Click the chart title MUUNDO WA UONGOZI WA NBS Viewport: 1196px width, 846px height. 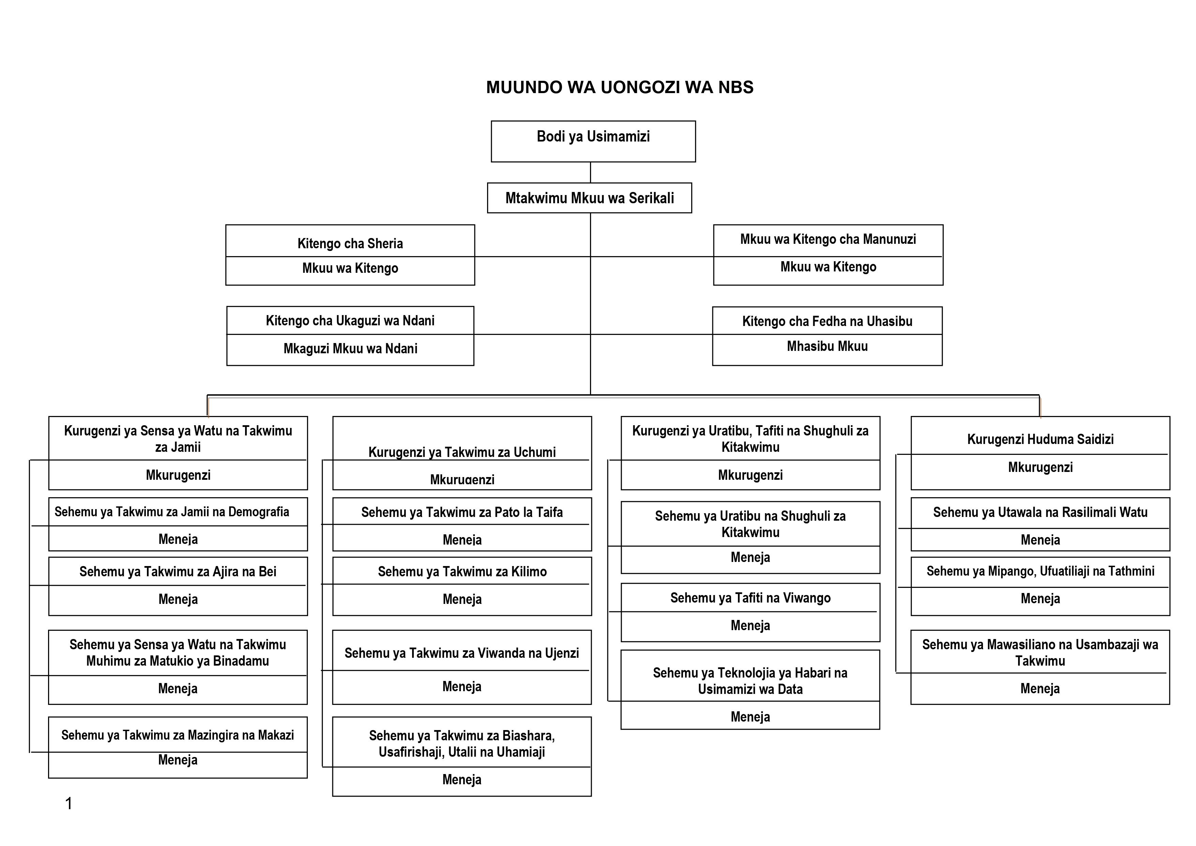(x=619, y=87)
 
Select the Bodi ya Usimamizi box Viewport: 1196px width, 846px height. (x=593, y=141)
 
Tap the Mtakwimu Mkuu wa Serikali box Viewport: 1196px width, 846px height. (x=589, y=197)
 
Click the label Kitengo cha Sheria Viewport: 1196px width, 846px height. (x=350, y=243)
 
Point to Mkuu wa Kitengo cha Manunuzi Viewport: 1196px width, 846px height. (x=828, y=239)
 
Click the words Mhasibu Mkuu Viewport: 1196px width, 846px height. (x=827, y=346)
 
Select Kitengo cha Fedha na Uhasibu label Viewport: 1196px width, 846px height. (x=827, y=321)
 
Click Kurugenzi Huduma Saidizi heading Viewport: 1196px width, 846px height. (x=1040, y=439)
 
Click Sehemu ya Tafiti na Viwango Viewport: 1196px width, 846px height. (x=750, y=597)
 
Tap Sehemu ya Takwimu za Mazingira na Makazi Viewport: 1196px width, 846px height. (x=178, y=735)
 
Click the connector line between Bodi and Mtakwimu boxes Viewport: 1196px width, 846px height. (x=590, y=173)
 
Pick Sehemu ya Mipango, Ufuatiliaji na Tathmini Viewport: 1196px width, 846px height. (x=1040, y=571)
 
